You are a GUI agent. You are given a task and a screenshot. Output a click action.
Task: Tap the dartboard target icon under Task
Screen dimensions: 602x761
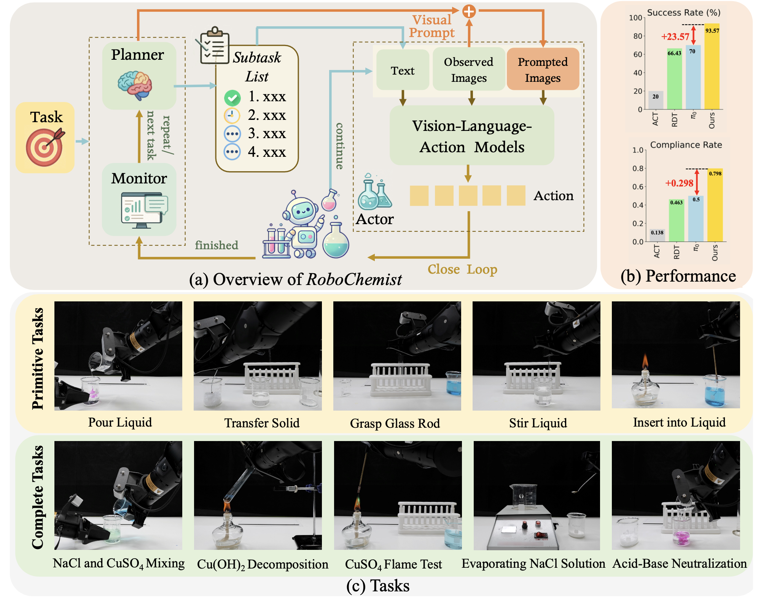(x=45, y=147)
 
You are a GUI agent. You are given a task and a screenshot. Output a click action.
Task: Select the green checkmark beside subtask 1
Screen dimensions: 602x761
(x=232, y=98)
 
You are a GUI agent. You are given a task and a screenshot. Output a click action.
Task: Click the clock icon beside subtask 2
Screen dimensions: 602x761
(x=232, y=115)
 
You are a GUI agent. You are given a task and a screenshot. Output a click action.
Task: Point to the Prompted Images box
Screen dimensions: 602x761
(x=543, y=70)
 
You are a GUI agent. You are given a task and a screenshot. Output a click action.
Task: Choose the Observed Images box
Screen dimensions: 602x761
(x=468, y=70)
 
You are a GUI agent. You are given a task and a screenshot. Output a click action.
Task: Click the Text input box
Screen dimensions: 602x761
(x=403, y=70)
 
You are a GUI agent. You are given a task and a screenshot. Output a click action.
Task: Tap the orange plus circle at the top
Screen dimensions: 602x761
(x=469, y=11)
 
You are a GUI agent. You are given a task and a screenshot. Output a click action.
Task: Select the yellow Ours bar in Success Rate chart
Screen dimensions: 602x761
(x=712, y=68)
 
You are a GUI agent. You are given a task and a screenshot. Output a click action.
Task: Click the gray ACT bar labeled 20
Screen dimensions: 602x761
(x=656, y=100)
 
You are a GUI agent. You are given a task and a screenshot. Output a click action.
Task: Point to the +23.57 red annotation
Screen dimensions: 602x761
(x=675, y=37)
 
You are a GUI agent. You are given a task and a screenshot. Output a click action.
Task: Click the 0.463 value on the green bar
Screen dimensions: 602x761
(x=676, y=203)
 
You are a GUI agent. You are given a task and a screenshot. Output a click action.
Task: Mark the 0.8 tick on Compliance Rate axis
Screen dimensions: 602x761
(x=638, y=169)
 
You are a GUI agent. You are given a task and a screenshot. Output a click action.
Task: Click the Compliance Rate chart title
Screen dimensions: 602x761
(x=686, y=145)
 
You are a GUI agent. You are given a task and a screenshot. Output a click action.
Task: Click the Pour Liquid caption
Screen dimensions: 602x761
(x=120, y=422)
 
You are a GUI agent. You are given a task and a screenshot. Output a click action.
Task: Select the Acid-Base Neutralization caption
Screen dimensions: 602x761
(x=679, y=563)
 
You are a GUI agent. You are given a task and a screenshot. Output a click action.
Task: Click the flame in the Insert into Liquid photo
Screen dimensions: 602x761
(x=645, y=361)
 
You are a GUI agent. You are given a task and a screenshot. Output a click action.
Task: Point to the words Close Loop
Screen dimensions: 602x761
(x=462, y=269)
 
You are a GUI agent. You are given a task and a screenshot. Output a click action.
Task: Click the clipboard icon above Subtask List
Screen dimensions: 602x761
(x=215, y=46)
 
